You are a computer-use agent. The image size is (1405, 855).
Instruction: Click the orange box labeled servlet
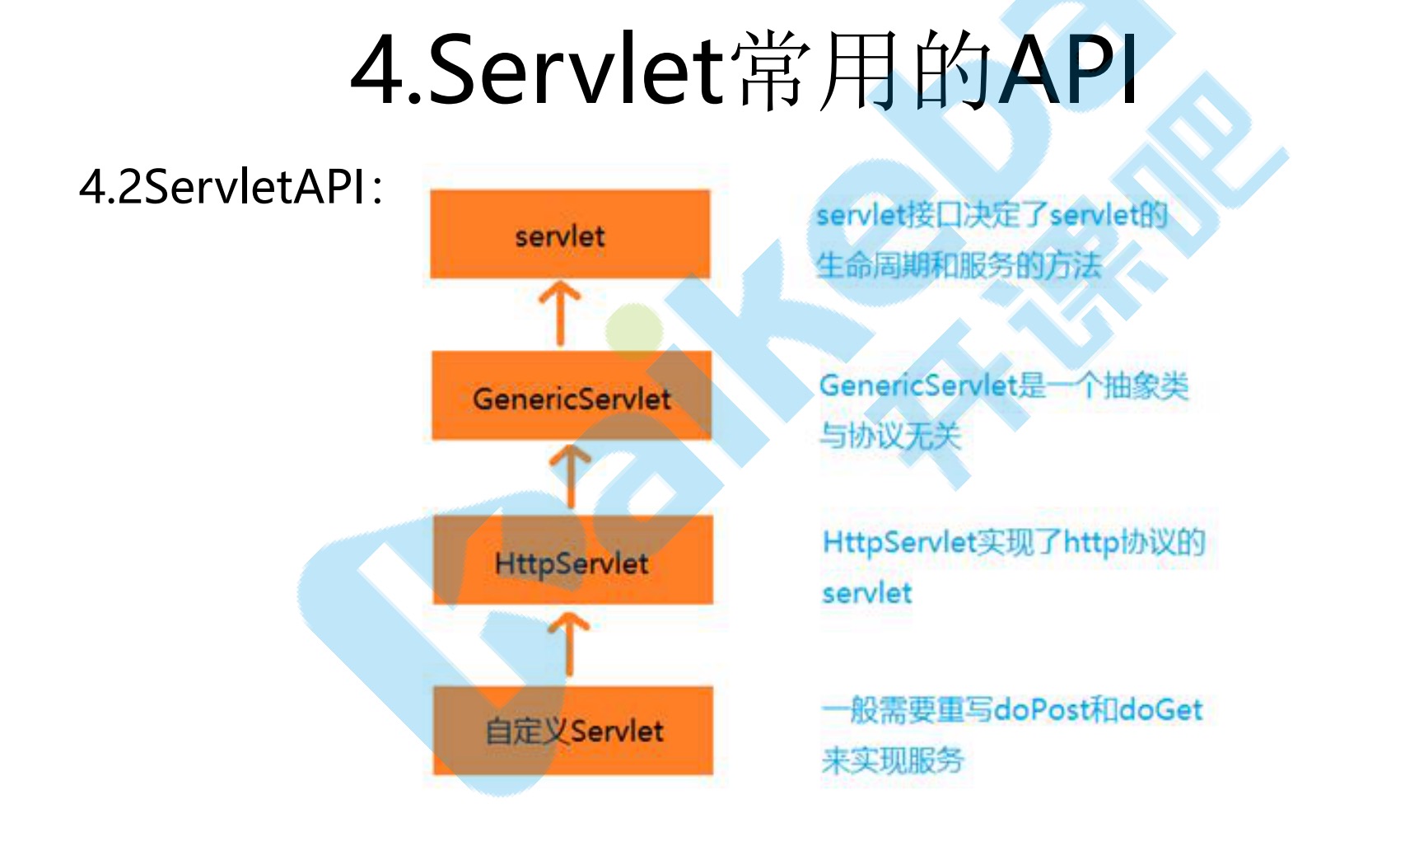tap(570, 235)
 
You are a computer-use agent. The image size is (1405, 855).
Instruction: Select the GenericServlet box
tap(572, 397)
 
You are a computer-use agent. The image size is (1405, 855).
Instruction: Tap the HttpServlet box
tap(572, 562)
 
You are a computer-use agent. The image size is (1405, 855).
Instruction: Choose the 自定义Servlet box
tap(573, 730)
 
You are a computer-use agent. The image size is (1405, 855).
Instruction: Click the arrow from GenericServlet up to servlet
tap(560, 313)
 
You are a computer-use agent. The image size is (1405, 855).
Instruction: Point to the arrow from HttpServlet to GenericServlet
tap(571, 476)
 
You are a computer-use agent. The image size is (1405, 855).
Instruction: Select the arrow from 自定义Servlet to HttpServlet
tap(569, 644)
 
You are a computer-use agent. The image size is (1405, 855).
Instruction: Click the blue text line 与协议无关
tap(890, 435)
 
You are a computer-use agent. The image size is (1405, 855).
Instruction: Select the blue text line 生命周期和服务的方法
tap(959, 265)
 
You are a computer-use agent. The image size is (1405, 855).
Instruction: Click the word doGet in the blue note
tap(1161, 709)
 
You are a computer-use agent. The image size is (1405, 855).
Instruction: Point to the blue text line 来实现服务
tap(892, 759)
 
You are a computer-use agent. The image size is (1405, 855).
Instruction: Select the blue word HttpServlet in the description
tap(899, 542)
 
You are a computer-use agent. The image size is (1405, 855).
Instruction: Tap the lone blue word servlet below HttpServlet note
tap(867, 593)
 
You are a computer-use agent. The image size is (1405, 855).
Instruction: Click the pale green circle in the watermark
tap(634, 331)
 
